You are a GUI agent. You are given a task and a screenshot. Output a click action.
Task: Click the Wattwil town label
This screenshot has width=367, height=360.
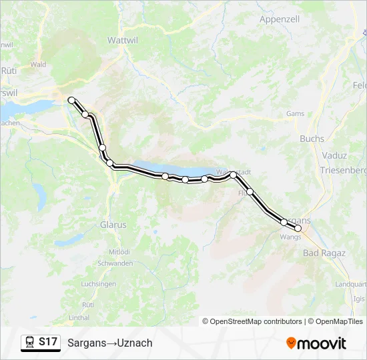click(x=122, y=40)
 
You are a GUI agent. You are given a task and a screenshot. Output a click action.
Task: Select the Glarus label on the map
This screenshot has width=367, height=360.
click(x=113, y=225)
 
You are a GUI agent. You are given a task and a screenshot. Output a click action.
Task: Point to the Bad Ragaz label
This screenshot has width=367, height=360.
click(x=324, y=253)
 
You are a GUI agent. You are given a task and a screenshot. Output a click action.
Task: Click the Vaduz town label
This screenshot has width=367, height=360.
click(x=334, y=155)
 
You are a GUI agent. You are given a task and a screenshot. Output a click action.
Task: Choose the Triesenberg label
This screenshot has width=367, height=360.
click(x=343, y=171)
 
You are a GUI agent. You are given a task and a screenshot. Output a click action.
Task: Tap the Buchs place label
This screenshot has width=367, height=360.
click(x=312, y=139)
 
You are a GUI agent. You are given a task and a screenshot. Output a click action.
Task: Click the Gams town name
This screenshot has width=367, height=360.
click(x=294, y=114)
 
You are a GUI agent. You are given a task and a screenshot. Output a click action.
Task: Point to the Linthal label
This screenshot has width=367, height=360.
click(x=79, y=317)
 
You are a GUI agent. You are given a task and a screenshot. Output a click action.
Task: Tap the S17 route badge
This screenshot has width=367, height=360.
click(x=47, y=342)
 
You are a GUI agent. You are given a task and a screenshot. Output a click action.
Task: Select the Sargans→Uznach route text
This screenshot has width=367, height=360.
click(x=110, y=343)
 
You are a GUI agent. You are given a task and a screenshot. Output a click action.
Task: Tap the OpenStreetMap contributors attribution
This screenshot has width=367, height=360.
click(x=252, y=321)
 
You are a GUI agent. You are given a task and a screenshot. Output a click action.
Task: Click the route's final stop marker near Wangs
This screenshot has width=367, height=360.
click(x=298, y=228)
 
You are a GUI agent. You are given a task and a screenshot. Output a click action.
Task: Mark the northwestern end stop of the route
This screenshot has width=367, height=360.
click(x=71, y=100)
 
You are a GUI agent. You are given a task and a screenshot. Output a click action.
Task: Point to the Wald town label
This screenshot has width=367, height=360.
click(x=38, y=65)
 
